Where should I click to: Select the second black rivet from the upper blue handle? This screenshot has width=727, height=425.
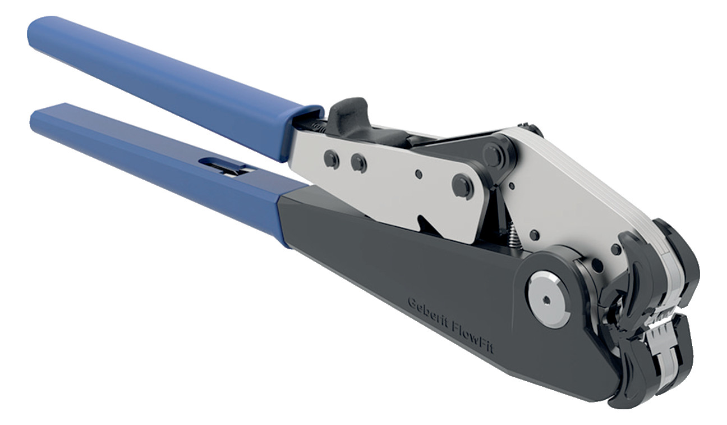[x=358, y=163]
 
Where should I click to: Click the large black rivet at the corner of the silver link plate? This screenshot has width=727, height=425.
[x=462, y=186]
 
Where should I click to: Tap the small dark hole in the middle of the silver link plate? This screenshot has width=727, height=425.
[x=418, y=175]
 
